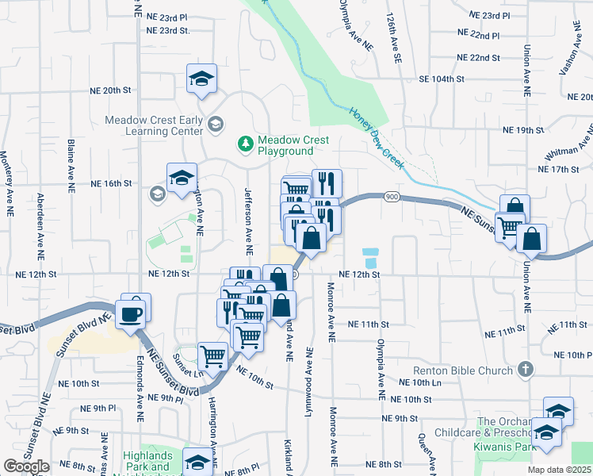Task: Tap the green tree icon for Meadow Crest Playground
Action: tap(246, 144)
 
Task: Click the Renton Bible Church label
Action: tap(465, 370)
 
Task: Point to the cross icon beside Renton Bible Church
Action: tap(524, 369)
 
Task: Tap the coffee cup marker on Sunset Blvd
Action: tap(132, 314)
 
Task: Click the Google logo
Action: tap(26, 466)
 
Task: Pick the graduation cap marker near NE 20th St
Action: tap(201, 79)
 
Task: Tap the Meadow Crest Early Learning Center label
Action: tap(154, 126)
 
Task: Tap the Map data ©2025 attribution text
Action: tap(560, 469)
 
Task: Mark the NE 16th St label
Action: tap(110, 183)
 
